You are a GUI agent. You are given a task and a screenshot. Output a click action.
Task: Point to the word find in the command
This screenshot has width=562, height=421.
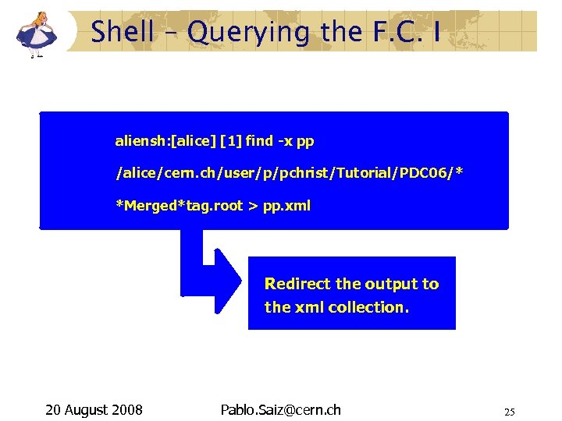(258, 141)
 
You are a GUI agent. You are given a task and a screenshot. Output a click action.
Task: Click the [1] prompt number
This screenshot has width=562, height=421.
(231, 141)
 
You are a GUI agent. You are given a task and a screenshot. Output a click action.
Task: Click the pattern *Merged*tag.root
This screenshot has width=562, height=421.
(179, 206)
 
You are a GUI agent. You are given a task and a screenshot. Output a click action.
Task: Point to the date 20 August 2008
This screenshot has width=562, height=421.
(94, 410)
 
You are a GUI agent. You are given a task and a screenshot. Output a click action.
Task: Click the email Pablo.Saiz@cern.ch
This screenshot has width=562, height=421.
(281, 410)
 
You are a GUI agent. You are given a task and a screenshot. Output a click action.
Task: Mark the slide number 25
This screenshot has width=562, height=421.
(510, 412)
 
